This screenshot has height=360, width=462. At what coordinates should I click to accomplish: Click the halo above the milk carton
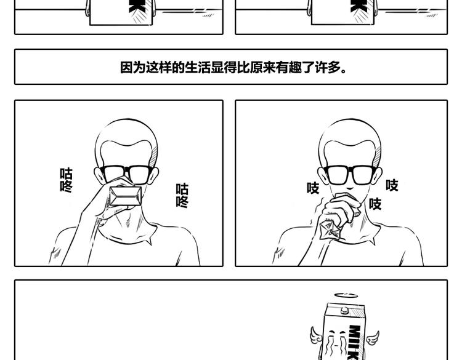pyautogui.click(x=346, y=295)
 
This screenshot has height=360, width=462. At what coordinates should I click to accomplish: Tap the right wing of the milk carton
pyautogui.click(x=373, y=338)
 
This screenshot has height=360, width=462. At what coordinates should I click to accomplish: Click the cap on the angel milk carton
pyautogui.click(x=345, y=310)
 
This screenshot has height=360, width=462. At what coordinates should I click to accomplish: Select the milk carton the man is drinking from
pyautogui.click(x=125, y=196)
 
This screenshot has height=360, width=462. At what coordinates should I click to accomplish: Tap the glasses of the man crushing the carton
pyautogui.click(x=350, y=175)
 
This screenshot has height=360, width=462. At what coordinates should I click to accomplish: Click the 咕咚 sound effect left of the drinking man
pyautogui.click(x=67, y=180)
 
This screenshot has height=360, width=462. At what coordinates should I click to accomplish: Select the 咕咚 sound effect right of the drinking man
pyautogui.click(x=182, y=196)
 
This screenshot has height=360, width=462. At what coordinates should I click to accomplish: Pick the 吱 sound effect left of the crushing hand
pyautogui.click(x=313, y=188)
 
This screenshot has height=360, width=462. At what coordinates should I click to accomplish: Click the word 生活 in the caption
pyautogui.click(x=198, y=68)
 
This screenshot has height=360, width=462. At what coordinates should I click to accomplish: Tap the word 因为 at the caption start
pyautogui.click(x=133, y=68)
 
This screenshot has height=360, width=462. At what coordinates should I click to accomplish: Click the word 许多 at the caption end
pyautogui.click(x=328, y=68)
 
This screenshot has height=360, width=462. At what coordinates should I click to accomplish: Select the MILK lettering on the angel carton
pyautogui.click(x=354, y=342)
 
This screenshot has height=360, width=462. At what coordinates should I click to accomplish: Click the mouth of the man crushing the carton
pyautogui.click(x=350, y=189)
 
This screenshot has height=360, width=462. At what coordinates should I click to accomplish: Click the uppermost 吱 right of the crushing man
pyautogui.click(x=392, y=185)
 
